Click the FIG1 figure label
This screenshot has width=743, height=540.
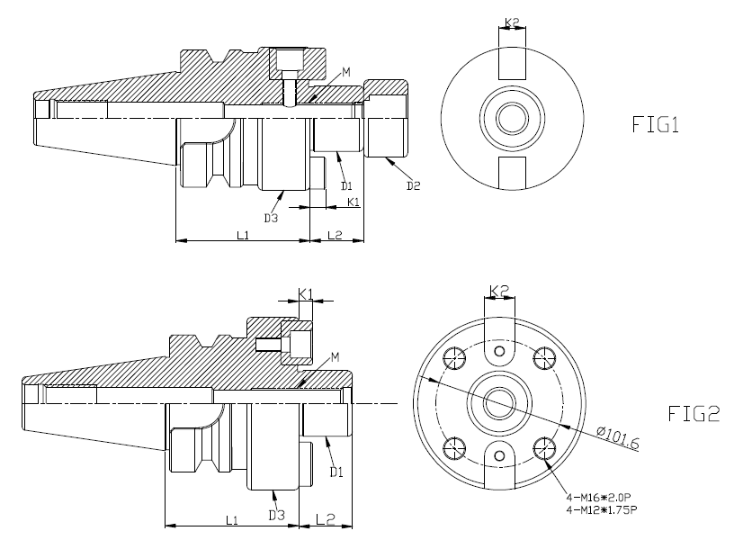[656, 124]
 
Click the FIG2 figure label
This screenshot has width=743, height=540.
[694, 414]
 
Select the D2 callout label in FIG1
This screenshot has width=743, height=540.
[413, 185]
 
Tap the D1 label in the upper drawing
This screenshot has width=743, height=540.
[347, 185]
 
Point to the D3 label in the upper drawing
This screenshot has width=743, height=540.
[271, 218]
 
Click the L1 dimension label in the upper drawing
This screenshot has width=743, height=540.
[243, 235]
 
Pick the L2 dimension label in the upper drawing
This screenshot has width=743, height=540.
[335, 235]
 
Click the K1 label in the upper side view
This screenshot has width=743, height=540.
[354, 202]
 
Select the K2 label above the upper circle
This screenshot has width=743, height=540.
[512, 22]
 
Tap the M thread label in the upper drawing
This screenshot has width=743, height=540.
[346, 72]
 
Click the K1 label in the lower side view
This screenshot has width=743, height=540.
[306, 294]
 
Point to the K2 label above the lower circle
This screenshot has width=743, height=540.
[499, 291]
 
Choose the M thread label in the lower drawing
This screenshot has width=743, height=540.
[335, 357]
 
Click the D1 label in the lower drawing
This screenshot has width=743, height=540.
[336, 472]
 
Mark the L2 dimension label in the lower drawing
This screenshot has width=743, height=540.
[325, 519]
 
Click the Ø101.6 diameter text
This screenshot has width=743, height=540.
[618, 438]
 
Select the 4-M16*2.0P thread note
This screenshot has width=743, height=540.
[599, 498]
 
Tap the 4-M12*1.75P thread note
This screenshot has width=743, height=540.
[602, 509]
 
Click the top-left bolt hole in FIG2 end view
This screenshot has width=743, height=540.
[454, 358]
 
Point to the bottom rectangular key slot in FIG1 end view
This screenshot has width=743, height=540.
[512, 173]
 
